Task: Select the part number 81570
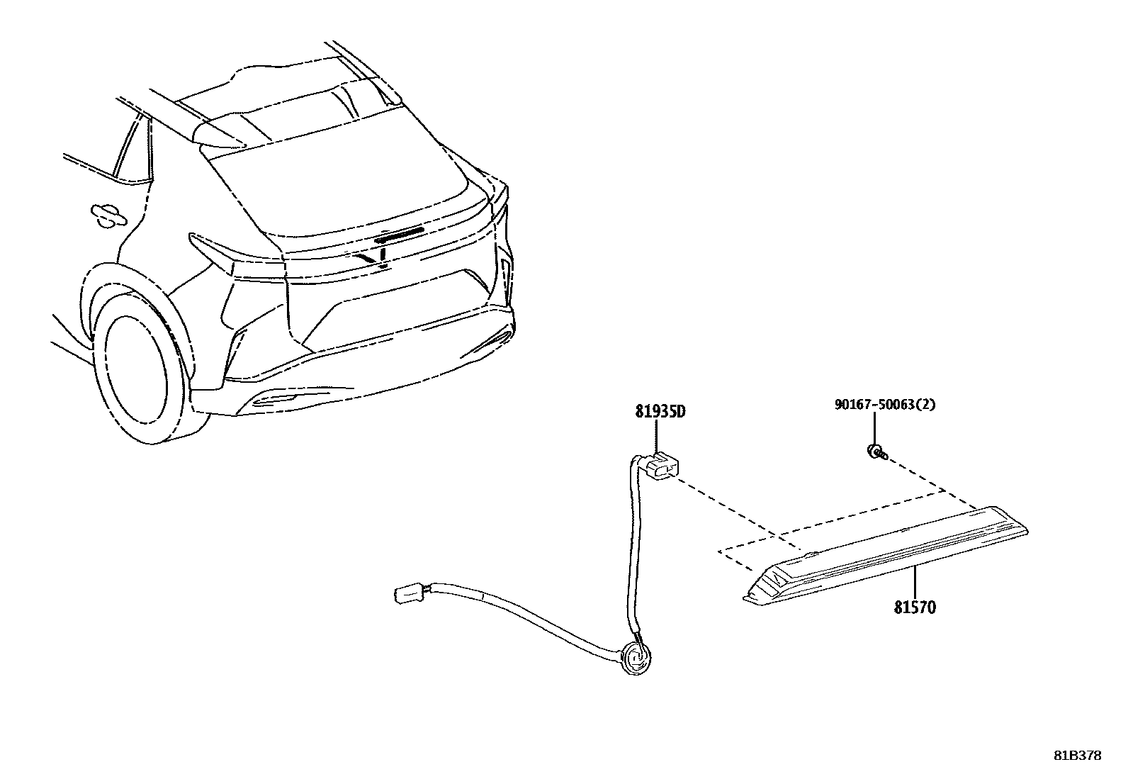click(915, 607)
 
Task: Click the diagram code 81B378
click(1077, 756)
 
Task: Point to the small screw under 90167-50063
click(876, 451)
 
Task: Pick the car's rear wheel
click(145, 383)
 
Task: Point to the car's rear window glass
click(340, 191)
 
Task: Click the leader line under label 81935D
click(656, 435)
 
